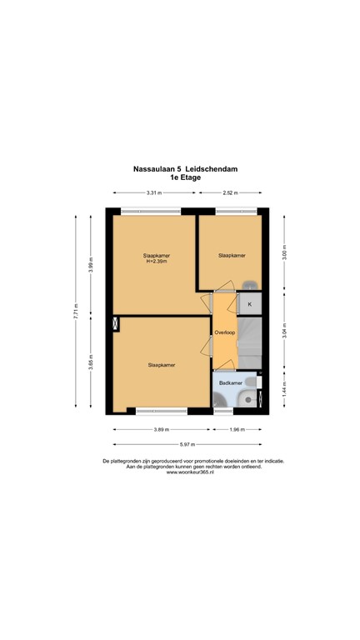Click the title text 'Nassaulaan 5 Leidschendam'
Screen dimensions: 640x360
(x=180, y=167)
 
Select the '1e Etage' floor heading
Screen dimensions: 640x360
(x=180, y=177)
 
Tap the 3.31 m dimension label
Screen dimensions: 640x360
(x=153, y=193)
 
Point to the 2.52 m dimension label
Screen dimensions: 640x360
(x=232, y=193)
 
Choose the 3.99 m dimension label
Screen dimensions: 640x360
(x=92, y=264)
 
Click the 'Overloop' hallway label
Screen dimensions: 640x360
(x=225, y=332)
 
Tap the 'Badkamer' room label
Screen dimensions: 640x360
(x=231, y=382)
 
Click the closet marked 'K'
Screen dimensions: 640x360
(x=250, y=304)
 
